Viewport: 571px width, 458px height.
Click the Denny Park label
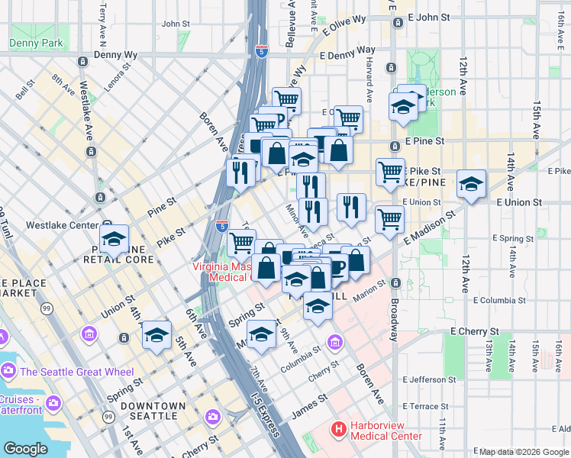(37, 44)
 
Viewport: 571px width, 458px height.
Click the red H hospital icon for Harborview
(339, 431)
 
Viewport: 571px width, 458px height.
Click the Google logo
(26, 448)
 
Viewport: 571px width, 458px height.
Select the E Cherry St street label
(474, 332)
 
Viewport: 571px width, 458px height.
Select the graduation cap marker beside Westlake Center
(114, 239)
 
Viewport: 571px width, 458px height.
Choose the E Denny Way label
(347, 56)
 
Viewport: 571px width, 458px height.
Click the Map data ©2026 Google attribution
(524, 451)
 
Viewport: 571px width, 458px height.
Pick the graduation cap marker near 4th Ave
(156, 335)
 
